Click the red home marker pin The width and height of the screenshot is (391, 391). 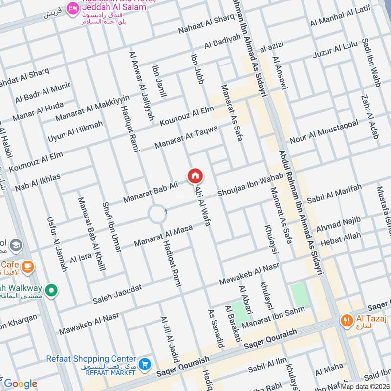tap(195, 175)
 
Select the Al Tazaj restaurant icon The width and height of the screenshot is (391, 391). tap(347, 321)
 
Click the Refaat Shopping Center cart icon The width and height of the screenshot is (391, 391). tap(144, 364)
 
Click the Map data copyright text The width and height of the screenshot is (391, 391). tap(365, 386)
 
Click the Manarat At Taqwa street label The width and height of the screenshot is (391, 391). tap(186, 137)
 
